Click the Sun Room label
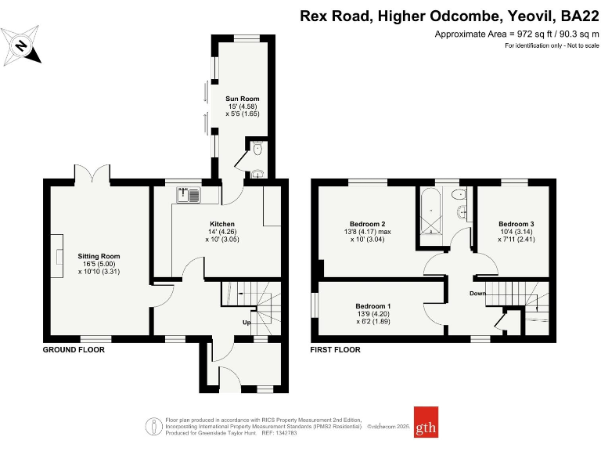point(242,99)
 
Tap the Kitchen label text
point(222,225)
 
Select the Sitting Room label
point(99,256)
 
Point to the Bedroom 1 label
point(373,305)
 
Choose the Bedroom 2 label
point(365,224)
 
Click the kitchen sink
point(189,195)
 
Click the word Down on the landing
point(479,294)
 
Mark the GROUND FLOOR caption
point(74,350)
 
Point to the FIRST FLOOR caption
point(336,350)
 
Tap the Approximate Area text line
point(516,34)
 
